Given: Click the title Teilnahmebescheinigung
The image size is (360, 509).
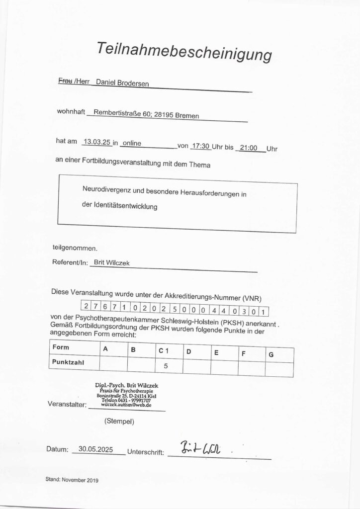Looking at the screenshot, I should (184, 51).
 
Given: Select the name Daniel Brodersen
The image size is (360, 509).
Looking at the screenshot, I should (121, 84).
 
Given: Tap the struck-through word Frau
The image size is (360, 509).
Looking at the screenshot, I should (65, 81).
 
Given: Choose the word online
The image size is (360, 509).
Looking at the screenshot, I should (131, 144).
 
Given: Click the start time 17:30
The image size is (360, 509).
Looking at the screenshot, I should (200, 147).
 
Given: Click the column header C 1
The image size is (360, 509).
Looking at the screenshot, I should (164, 351).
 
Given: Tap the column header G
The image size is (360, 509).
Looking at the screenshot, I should (270, 355).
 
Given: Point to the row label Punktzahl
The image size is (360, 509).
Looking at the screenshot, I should (68, 362).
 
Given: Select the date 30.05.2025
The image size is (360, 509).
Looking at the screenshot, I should (99, 448).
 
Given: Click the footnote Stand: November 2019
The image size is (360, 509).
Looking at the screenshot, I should (72, 480).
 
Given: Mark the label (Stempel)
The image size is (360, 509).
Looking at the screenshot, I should (119, 421).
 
